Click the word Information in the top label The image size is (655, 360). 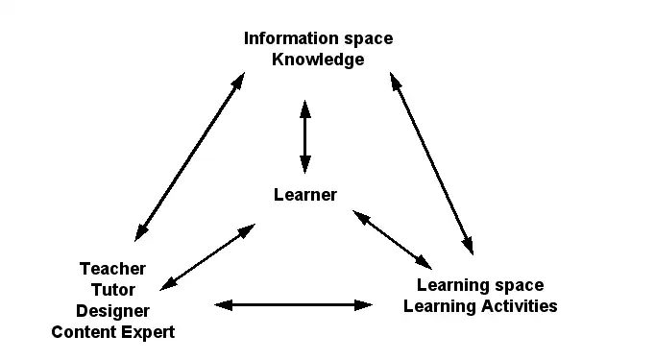pyautogui.click(x=286, y=38)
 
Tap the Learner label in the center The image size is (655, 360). pyautogui.click(x=305, y=195)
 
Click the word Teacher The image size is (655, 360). pyautogui.click(x=112, y=269)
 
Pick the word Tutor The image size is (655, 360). pyautogui.click(x=112, y=290)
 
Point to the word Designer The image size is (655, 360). pyautogui.click(x=112, y=311)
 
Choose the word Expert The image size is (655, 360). pyautogui.click(x=144, y=332)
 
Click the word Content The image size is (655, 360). pyautogui.click(x=82, y=332)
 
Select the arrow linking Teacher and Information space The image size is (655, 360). pyautogui.click(x=189, y=159)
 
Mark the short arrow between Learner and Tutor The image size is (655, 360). pyautogui.click(x=207, y=255)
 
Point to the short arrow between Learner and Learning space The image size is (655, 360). pyautogui.click(x=392, y=238)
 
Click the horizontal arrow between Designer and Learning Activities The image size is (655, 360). pyautogui.click(x=293, y=305)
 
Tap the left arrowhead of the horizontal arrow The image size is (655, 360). pyautogui.click(x=222, y=305)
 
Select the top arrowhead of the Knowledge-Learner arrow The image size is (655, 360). pyautogui.click(x=305, y=107)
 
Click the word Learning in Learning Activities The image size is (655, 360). pyautogui.click(x=440, y=306)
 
